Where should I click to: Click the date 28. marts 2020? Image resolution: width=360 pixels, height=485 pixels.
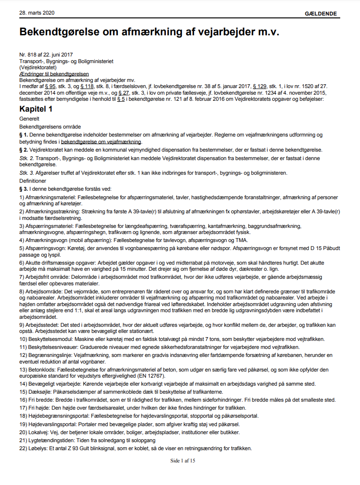(x=34, y=13)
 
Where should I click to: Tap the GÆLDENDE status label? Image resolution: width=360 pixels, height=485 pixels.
(x=321, y=14)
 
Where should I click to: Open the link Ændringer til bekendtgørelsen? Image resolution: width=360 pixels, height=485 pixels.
(x=54, y=74)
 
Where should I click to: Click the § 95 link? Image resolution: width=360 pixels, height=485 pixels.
(x=50, y=86)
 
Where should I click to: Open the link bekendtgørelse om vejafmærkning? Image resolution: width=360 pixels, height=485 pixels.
(x=101, y=141)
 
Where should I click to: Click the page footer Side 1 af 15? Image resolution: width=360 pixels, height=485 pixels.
(x=182, y=461)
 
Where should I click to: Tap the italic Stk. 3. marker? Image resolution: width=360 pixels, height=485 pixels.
(x=26, y=173)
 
